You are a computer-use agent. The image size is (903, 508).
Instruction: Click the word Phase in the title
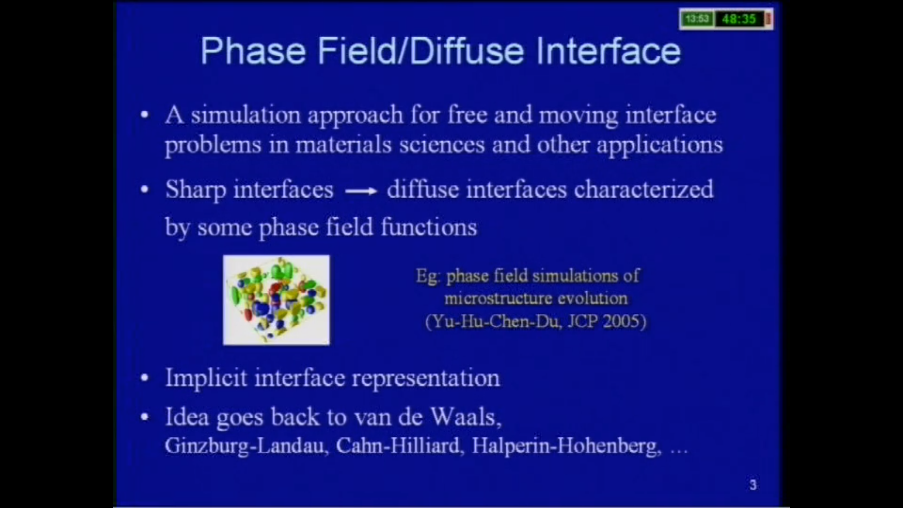click(x=253, y=51)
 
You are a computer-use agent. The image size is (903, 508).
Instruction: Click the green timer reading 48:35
click(x=738, y=19)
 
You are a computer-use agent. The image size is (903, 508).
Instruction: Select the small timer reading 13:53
click(x=696, y=19)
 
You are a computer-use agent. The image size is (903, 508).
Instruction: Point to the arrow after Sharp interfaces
click(x=361, y=191)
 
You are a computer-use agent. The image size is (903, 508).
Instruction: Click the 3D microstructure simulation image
click(x=276, y=300)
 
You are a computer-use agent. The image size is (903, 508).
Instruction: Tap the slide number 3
click(x=753, y=485)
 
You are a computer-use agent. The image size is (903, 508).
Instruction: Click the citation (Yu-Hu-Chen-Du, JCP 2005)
click(x=536, y=322)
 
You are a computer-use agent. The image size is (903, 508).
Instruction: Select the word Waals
click(x=466, y=417)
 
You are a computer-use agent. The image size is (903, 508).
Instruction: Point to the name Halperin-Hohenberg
click(x=566, y=446)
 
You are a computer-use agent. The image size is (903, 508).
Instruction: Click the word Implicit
click(x=206, y=378)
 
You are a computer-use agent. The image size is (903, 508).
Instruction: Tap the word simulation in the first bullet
click(x=246, y=115)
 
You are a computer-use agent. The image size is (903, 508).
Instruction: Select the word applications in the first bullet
click(x=659, y=145)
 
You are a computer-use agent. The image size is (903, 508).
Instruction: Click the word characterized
click(x=643, y=190)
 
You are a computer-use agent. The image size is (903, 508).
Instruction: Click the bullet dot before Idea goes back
click(x=145, y=417)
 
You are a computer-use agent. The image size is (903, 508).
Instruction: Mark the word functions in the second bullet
click(x=428, y=227)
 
